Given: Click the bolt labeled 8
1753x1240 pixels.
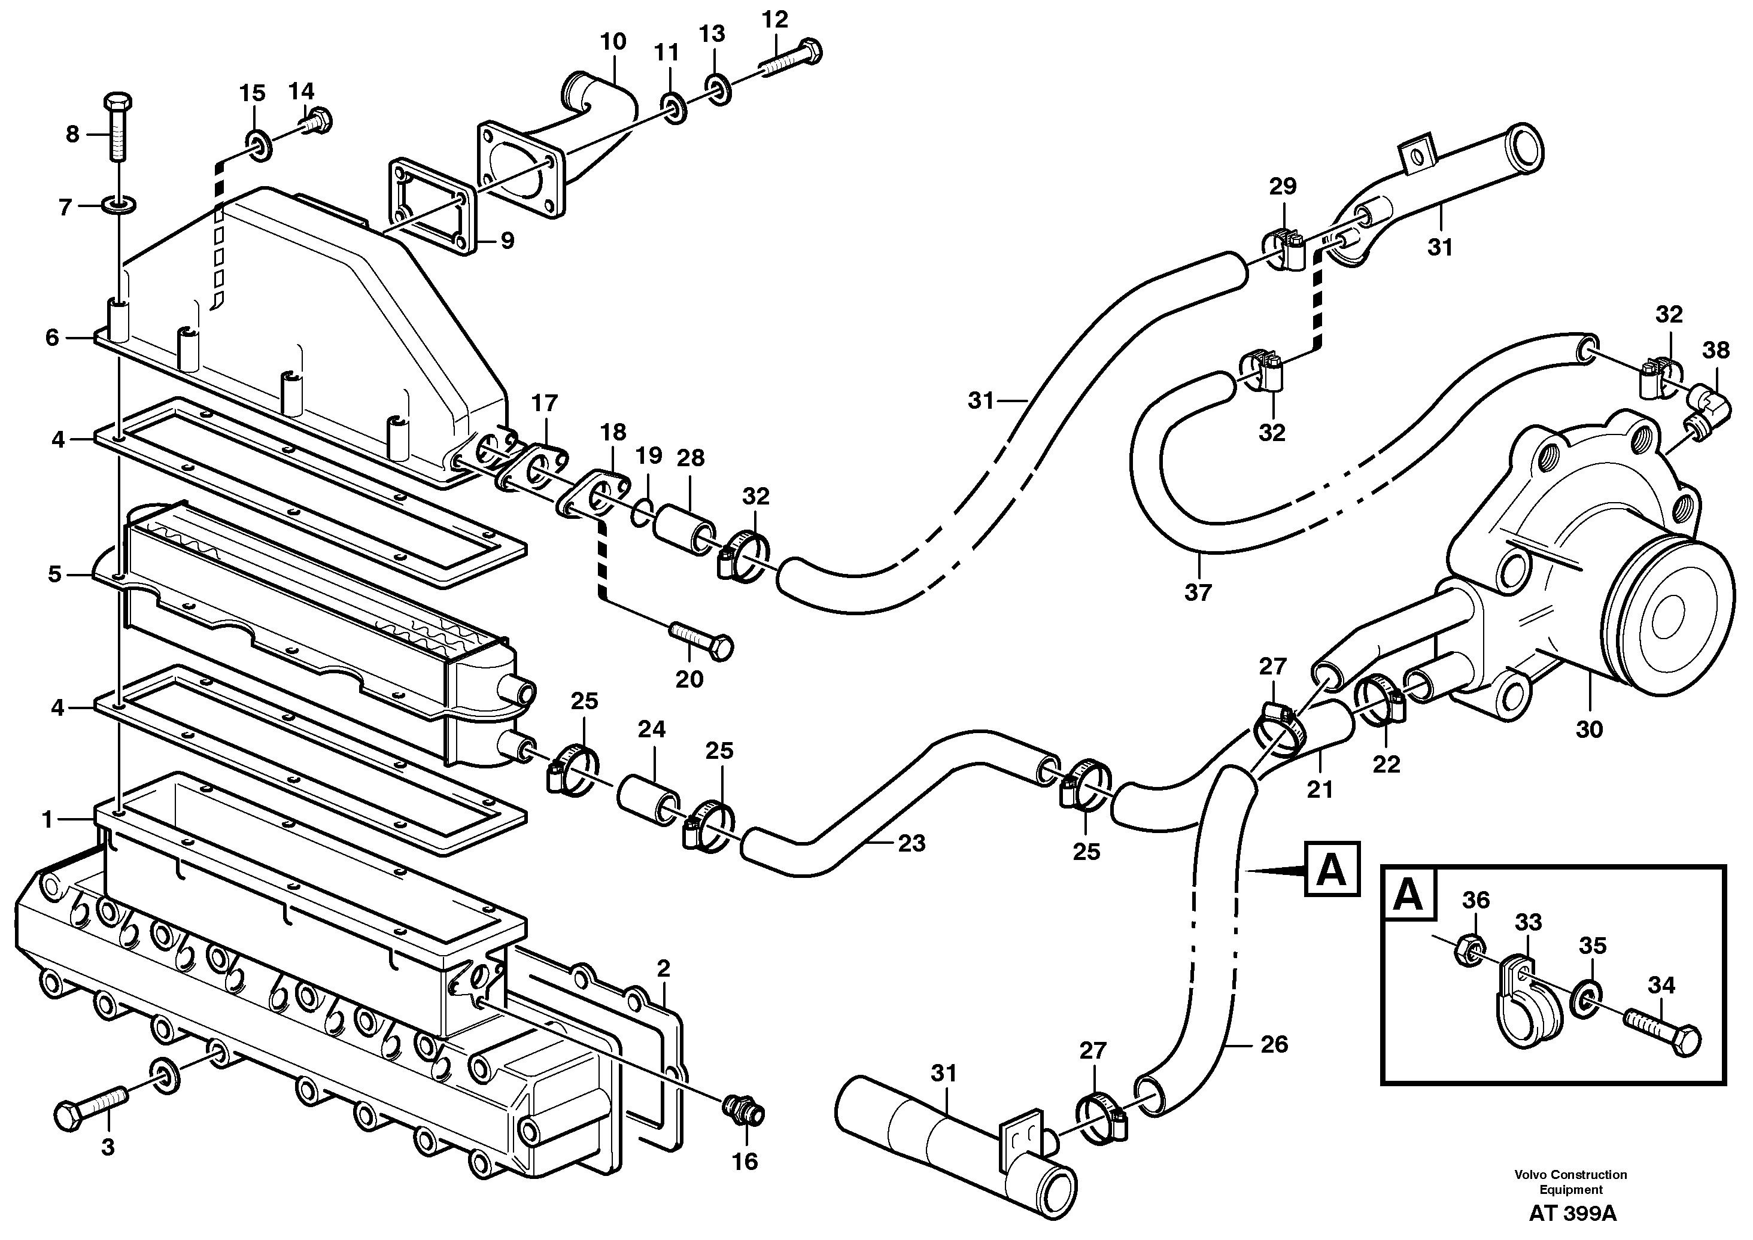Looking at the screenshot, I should [x=117, y=130].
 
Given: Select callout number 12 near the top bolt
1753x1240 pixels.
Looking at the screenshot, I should [x=774, y=20].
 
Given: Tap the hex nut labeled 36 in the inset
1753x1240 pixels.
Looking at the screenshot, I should [x=1465, y=950].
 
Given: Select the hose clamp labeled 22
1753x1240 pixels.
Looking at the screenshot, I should [x=1383, y=697].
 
